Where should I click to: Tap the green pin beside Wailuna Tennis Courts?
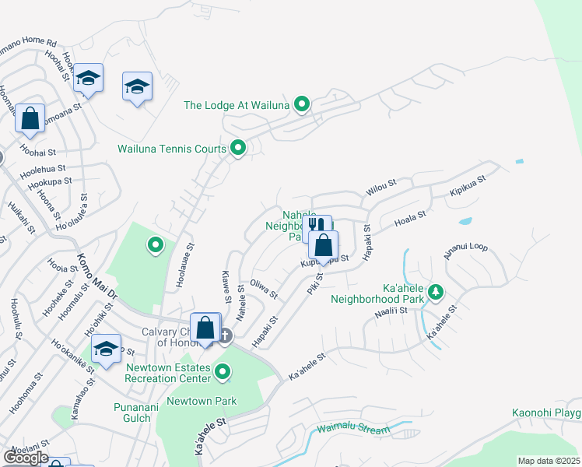click(238, 147)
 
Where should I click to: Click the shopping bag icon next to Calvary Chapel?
click(205, 327)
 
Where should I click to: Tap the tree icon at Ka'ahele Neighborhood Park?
click(436, 292)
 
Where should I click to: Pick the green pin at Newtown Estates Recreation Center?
click(223, 372)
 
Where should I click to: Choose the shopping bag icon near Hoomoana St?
click(30, 119)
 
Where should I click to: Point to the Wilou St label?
click(381, 188)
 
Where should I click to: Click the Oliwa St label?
click(263, 289)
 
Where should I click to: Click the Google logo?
click(25, 458)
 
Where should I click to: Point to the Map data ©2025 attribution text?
click(548, 461)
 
